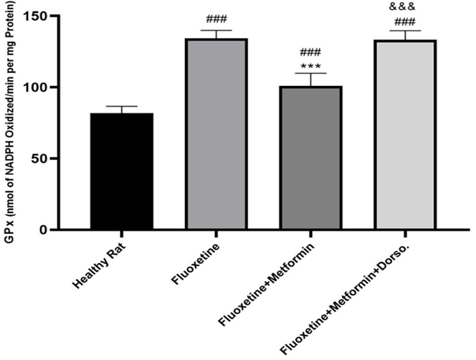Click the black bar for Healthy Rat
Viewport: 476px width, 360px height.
[122, 171]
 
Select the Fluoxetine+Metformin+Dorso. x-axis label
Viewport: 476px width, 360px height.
[351, 294]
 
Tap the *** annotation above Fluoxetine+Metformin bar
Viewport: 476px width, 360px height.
[310, 67]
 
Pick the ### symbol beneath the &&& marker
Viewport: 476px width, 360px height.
[405, 22]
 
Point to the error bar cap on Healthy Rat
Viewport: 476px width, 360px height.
[122, 106]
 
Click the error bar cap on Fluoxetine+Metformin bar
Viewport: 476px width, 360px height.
[310, 73]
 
